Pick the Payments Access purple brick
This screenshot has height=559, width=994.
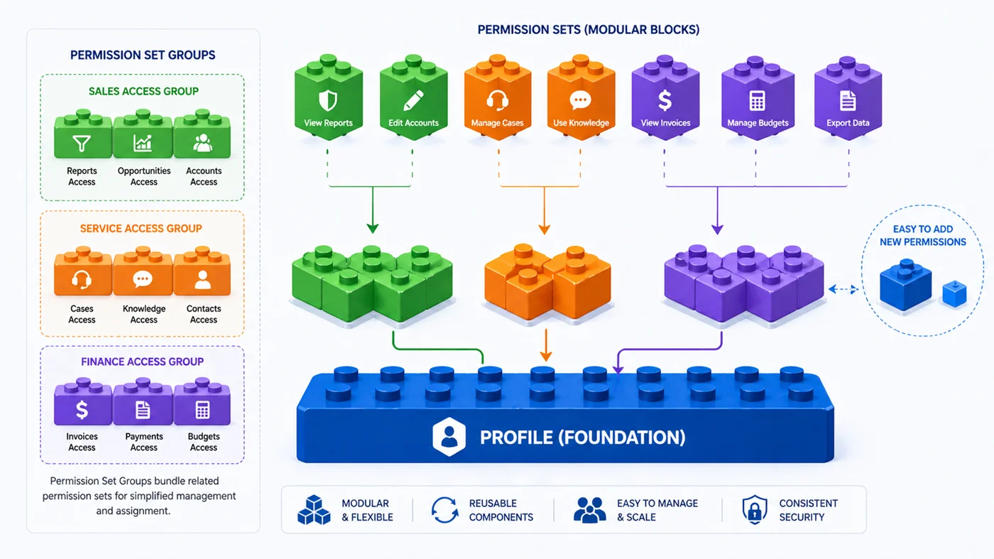[x=143, y=406]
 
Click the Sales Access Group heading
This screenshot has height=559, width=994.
[x=143, y=91]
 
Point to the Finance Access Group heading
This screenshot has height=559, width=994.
[x=142, y=362]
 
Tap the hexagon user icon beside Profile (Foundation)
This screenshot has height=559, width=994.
[x=449, y=436]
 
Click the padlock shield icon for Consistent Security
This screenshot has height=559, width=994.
[x=754, y=510]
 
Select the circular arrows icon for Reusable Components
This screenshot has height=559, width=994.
[x=445, y=510]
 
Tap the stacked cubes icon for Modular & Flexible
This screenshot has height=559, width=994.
[x=314, y=510]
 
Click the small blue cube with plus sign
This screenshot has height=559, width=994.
[x=954, y=293]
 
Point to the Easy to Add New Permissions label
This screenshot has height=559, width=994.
[x=922, y=235]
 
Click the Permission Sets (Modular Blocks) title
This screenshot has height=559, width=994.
[x=588, y=30]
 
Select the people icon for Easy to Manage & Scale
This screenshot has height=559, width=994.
[x=589, y=510]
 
